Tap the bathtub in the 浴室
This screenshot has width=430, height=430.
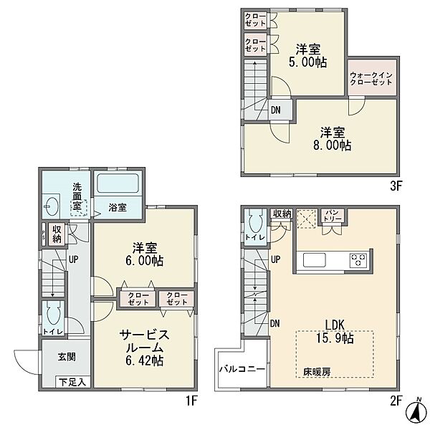click(118, 183)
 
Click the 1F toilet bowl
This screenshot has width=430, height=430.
click(53, 315)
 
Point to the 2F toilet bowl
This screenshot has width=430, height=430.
click(256, 221)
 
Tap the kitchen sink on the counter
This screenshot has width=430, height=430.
click(315, 260)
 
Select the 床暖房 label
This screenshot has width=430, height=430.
click(317, 372)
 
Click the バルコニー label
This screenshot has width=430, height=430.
click(242, 369)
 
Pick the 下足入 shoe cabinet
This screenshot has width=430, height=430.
click(72, 382)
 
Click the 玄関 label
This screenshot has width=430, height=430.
click(67, 357)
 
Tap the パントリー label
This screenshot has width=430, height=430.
click(333, 215)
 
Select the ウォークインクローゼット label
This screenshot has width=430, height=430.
click(371, 79)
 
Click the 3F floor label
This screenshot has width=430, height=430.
click(396, 186)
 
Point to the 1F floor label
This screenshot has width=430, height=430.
click(191, 401)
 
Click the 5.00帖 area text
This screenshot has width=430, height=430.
click(307, 62)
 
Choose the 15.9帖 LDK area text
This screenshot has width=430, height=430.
click(335, 338)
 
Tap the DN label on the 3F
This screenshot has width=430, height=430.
click(276, 110)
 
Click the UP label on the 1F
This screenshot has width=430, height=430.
click(73, 259)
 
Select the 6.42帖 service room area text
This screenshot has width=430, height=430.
click(145, 360)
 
